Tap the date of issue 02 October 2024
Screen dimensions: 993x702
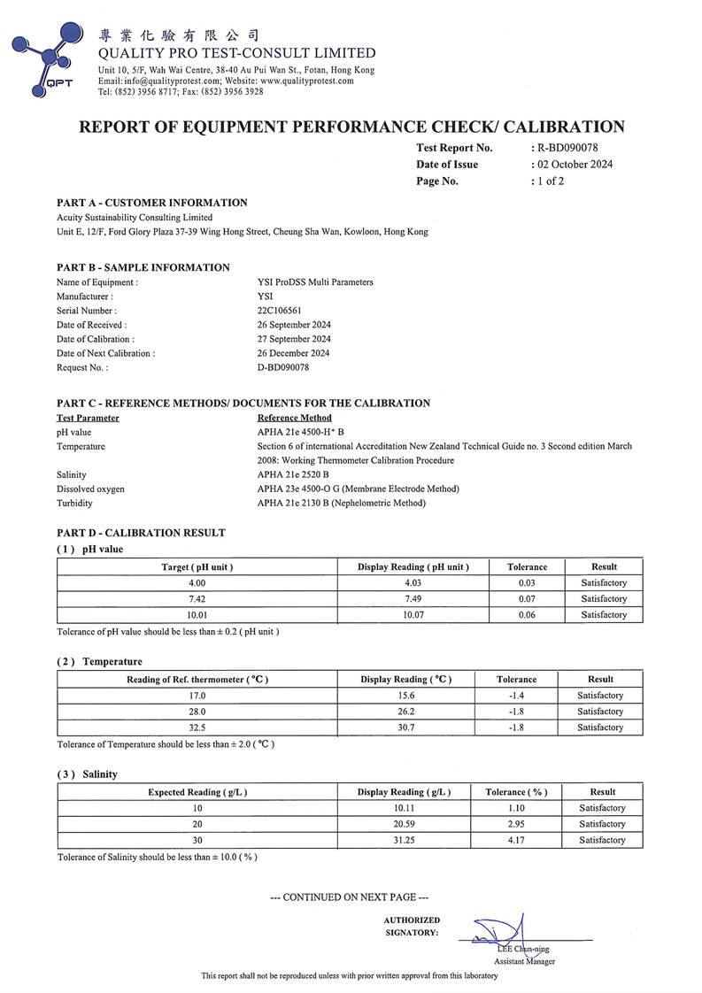click(x=574, y=165)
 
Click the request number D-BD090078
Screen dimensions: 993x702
click(x=283, y=367)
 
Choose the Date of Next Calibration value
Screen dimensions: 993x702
click(x=294, y=353)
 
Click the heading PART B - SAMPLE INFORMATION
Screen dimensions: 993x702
click(x=143, y=267)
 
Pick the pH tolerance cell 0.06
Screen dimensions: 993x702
click(x=528, y=615)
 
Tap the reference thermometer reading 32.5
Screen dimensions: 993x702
click(x=197, y=727)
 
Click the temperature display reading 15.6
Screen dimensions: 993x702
click(x=406, y=696)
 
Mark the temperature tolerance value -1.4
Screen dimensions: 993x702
click(x=516, y=696)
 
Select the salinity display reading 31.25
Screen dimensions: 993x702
click(x=404, y=840)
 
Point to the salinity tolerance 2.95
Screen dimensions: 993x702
click(x=516, y=824)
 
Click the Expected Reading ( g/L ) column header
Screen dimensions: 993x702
click(x=197, y=792)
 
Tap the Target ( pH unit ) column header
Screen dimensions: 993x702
click(x=197, y=566)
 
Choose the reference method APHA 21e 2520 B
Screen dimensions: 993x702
click(x=293, y=474)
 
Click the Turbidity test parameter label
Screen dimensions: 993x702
click(x=74, y=503)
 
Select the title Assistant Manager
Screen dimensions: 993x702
click(x=524, y=962)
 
